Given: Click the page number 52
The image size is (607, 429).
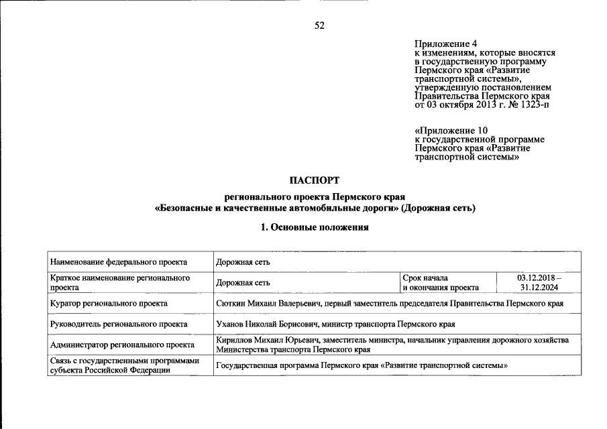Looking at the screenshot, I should point(319,25).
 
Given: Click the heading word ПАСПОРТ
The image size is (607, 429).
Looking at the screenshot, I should point(315,180).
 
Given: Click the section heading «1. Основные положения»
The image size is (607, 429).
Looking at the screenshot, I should point(315,228).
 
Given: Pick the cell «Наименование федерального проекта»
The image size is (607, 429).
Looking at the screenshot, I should point(118,261).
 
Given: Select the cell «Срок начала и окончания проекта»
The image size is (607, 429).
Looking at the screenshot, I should point(440,282).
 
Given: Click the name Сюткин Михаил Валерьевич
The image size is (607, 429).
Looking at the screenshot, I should point(268,304).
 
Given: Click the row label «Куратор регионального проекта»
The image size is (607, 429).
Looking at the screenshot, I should point(109,304).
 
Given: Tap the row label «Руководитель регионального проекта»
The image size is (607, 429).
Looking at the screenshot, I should point(119,324).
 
